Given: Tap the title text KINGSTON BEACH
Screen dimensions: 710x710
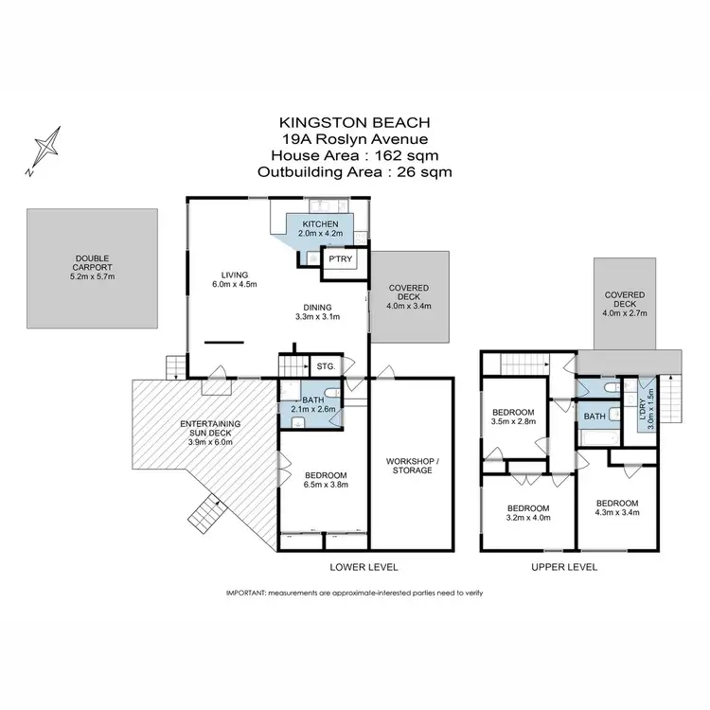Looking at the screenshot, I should coord(354,123).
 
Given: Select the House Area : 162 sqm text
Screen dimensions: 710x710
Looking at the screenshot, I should coord(354,155).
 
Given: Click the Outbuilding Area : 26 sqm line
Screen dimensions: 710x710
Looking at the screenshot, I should coord(354,171).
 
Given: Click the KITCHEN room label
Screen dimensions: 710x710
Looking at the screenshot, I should coord(318,227).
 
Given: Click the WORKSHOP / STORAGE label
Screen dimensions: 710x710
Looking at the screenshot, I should coord(411,464).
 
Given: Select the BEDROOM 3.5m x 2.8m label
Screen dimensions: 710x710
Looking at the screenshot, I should coord(513,417).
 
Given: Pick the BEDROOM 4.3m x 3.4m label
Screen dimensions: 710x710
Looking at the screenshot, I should coord(616,508).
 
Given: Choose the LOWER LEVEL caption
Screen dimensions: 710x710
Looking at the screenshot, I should coord(364,567).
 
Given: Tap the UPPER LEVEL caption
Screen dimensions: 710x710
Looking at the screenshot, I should coord(564,567).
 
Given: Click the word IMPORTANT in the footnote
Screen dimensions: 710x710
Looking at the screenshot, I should coord(246,593).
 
